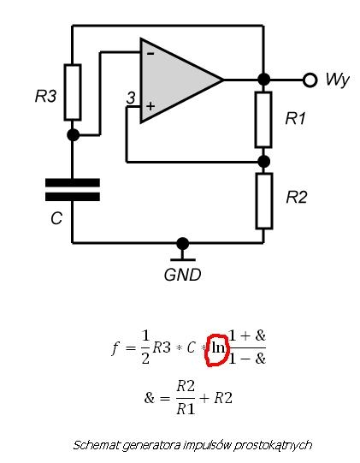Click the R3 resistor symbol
(73, 92)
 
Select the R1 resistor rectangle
(263, 120)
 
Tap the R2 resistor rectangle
(264, 201)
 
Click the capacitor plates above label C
(73, 190)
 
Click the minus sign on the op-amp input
(150, 54)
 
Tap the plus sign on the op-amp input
(150, 106)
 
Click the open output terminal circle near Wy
(310, 80)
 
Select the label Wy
(338, 80)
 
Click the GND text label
(183, 275)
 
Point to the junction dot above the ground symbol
(183, 244)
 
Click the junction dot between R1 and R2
(264, 162)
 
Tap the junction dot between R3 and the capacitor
(74, 135)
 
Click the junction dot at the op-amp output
(264, 80)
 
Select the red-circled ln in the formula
(218, 348)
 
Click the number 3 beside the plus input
(132, 98)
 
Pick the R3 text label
(45, 96)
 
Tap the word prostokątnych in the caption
(273, 445)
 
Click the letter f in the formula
(115, 347)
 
